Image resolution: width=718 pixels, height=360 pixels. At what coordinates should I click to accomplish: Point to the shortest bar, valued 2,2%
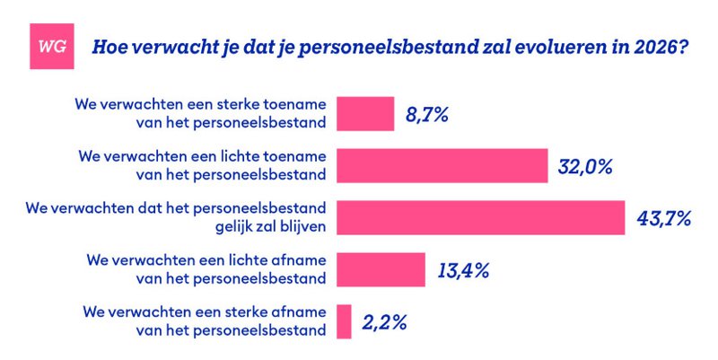point(343,321)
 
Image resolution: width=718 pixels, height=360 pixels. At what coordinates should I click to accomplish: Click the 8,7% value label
point(428,115)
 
